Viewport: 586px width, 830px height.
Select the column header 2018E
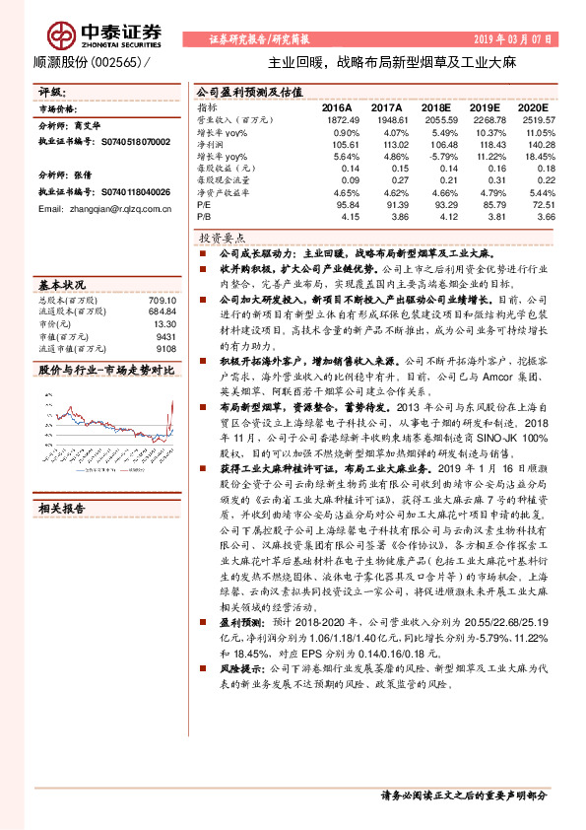439,106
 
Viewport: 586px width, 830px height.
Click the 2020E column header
532,106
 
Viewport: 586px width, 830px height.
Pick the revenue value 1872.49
339,118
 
